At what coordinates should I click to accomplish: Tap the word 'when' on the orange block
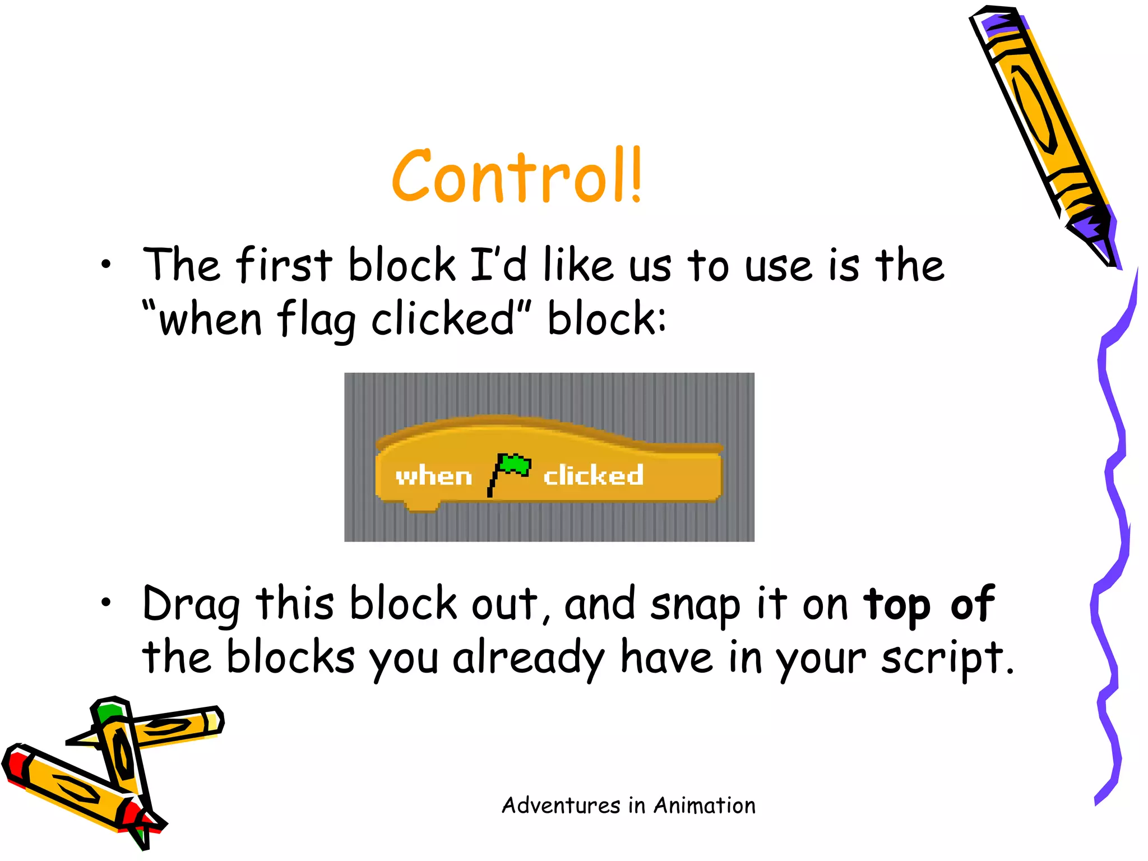point(433,476)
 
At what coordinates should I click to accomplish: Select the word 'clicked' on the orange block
point(593,475)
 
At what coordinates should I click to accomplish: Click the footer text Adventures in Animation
point(628,806)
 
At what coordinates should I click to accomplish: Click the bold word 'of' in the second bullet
point(972,603)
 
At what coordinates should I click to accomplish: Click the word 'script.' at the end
point(947,658)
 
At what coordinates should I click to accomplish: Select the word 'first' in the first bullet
point(284,265)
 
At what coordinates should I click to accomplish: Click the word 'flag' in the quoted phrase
point(317,320)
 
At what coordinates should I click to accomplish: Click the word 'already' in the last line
point(529,658)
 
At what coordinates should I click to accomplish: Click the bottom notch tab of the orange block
point(421,506)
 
